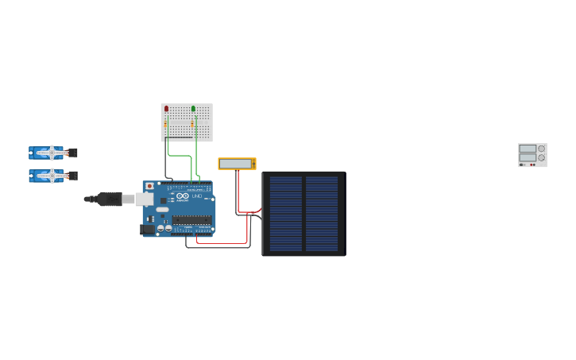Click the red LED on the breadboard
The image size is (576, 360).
point(166,108)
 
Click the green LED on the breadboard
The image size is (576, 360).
point(193,108)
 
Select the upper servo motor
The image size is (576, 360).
point(50,152)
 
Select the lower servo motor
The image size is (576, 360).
point(50,175)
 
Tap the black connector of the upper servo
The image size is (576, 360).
point(73,152)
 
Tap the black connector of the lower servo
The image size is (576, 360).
point(73,175)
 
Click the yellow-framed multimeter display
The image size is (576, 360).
point(236,164)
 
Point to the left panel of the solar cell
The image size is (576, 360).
point(285,214)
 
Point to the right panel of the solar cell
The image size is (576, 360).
point(322,214)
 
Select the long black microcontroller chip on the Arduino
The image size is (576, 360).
point(191,220)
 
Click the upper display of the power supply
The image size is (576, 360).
point(528,149)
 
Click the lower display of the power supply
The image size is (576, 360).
point(528,157)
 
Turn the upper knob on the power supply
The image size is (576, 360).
point(542,149)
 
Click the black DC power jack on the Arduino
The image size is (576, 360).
point(147,230)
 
